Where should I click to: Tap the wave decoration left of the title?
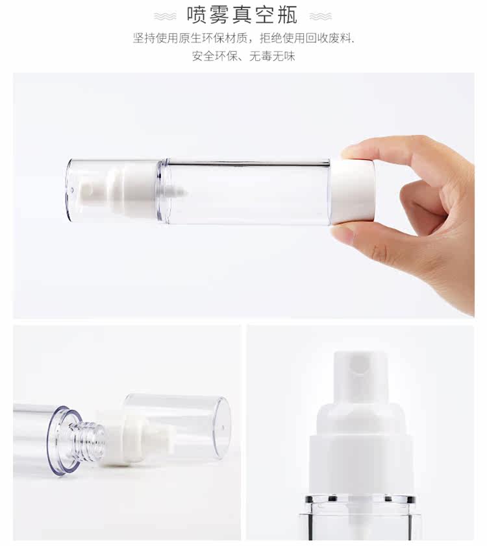[x=165, y=16]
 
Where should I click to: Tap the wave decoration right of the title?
[x=320, y=16]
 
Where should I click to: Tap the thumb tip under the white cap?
[x=344, y=234]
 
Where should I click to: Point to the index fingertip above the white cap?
[x=354, y=151]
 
